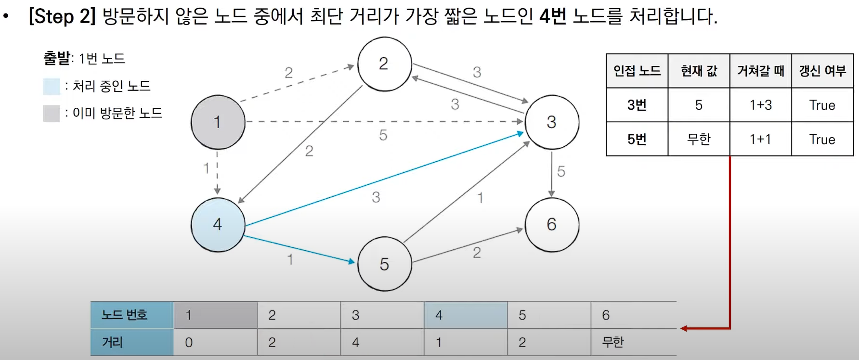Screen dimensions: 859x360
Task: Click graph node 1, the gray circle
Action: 218,122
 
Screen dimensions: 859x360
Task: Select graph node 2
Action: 384,64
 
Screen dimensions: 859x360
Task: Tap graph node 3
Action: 552,122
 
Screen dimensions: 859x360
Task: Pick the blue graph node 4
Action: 218,225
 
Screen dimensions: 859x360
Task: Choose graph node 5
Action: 384,264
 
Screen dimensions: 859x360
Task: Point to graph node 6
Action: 552,225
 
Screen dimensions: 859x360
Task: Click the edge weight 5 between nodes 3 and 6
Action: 561,171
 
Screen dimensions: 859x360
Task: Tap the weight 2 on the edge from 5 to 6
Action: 477,253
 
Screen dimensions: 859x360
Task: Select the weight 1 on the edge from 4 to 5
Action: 290,260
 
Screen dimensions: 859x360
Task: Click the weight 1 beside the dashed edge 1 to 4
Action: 206,168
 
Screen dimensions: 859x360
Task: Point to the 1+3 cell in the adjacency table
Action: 761,105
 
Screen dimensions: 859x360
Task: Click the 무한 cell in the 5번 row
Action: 699,139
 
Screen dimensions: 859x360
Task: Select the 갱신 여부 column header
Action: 822,71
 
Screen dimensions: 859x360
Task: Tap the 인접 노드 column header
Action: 637,71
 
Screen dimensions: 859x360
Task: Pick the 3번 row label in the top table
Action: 637,105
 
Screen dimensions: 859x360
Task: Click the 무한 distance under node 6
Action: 613,342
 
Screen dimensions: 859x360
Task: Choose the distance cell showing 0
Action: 189,342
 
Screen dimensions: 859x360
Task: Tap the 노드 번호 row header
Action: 124,315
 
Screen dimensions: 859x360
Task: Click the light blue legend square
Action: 52,86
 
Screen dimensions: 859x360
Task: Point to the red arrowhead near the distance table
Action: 684,328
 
